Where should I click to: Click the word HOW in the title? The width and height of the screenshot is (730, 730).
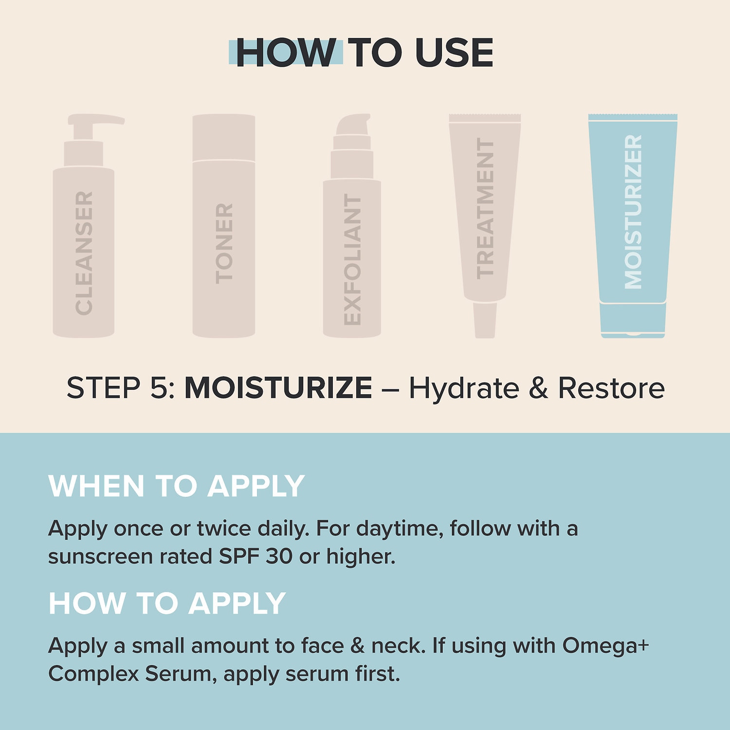286,53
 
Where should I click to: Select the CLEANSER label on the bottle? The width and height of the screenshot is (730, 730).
84,253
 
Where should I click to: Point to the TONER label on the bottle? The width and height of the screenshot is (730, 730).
224,243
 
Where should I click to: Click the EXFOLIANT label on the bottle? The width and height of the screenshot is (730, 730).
352,259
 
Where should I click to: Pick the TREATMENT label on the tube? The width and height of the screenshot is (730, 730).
485,208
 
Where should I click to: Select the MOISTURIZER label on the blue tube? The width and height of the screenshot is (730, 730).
633,212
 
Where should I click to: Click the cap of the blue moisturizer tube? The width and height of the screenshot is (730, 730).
633,320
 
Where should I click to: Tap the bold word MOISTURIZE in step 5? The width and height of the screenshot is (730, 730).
278,388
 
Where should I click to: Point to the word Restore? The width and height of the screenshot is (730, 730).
611,388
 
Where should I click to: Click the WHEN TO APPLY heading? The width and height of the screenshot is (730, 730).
177,486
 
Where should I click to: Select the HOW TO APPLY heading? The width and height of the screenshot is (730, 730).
167,603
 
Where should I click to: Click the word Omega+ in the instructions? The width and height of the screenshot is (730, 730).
606,646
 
